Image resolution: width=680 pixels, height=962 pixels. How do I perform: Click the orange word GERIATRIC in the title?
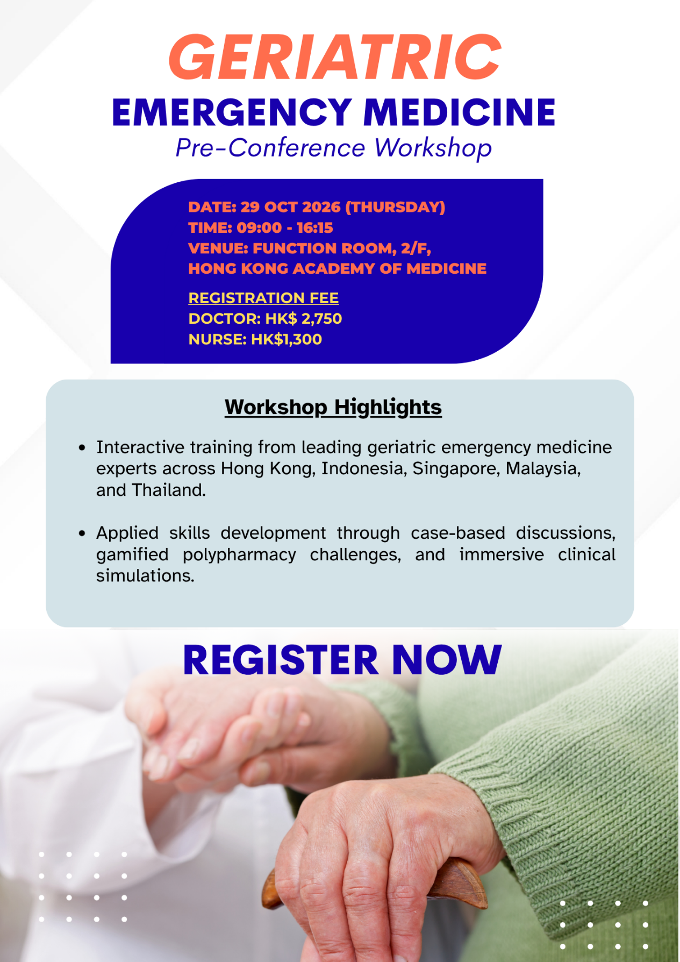tap(335, 57)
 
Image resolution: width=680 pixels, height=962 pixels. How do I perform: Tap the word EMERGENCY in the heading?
tap(232, 113)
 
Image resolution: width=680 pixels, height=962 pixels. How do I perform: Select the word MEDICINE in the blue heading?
tap(460, 113)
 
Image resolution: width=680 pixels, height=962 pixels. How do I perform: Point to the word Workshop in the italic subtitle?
tap(433, 148)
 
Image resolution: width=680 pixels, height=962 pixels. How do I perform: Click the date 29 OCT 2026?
tap(290, 207)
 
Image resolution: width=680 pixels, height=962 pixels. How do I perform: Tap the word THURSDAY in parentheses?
tap(396, 207)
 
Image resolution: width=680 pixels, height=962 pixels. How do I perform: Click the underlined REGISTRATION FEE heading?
tap(263, 298)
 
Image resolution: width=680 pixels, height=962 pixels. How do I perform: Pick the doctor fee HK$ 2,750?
tap(304, 319)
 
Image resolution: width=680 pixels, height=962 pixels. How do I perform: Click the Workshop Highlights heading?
tap(333, 407)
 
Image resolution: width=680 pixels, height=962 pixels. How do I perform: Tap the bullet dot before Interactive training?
tap(82, 447)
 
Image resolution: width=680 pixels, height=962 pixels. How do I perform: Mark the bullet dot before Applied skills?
tap(82, 533)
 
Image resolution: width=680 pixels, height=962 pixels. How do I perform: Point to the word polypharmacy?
tap(239, 555)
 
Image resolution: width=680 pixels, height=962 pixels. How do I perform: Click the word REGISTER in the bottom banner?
tap(281, 660)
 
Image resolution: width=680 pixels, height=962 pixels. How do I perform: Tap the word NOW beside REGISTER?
tap(447, 660)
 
